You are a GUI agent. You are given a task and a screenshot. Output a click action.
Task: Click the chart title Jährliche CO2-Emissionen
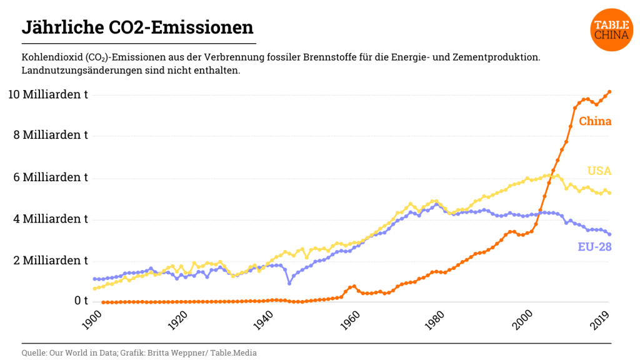coord(137,27)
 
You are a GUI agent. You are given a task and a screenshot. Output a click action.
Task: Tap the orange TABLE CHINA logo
coord(611,30)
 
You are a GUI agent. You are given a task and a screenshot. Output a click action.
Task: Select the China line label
coord(595,121)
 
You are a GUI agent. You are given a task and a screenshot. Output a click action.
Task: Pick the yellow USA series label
coord(599,171)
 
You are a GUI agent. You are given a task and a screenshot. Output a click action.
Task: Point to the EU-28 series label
coord(594,247)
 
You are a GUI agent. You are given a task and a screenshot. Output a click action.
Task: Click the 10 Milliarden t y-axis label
coord(47,94)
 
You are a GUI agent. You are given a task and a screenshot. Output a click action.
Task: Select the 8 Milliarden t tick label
coord(51,135)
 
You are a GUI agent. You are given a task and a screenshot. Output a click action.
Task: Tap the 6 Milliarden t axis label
coord(51,177)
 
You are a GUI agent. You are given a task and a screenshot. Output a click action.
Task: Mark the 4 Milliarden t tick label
coord(51,219)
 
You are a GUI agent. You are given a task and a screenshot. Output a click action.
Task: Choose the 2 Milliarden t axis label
coord(51,260)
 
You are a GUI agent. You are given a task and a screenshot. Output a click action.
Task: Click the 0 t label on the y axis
coord(74,301)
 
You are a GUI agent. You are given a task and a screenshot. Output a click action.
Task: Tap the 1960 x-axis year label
coord(352,322)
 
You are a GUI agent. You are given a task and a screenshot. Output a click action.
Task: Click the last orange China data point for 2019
coord(609,92)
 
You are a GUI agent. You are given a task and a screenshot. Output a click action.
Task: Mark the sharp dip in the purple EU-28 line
coord(289,283)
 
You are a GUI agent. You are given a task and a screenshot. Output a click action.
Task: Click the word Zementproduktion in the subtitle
coord(500,57)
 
